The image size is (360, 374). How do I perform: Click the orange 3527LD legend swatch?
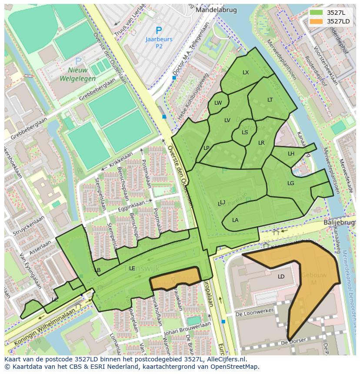point(317,21)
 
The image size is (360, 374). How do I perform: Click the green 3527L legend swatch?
point(317,13)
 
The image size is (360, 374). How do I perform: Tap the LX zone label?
point(246,73)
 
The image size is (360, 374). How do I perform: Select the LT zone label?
point(270,100)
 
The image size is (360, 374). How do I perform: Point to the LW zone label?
point(218,103)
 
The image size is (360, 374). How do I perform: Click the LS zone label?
point(245,132)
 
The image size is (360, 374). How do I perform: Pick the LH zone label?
point(291,154)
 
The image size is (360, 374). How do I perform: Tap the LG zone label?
point(290,183)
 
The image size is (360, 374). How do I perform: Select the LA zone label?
point(235,220)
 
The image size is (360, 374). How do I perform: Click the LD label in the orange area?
point(281,277)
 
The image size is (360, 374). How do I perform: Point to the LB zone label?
point(97,270)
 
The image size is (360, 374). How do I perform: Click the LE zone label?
point(132,268)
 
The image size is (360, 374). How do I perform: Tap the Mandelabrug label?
point(210,10)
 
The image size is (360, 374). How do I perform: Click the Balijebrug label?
point(339,222)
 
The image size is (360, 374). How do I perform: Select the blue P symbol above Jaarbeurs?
point(159,31)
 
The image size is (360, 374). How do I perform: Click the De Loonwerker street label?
point(254,312)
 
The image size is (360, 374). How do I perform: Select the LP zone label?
point(206,148)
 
